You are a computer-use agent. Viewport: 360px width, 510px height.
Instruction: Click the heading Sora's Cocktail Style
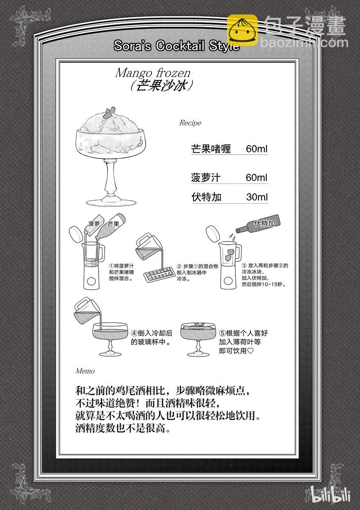(177, 46)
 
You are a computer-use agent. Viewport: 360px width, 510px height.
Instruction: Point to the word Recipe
(190, 123)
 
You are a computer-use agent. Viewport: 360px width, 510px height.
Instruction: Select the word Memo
(85, 371)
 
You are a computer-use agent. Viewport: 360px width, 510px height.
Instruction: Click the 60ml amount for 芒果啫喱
(256, 149)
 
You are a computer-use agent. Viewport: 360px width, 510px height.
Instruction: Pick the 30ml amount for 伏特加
(256, 197)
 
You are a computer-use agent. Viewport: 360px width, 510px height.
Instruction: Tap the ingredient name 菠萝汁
(206, 178)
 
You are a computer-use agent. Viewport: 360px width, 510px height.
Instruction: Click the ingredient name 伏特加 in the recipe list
(206, 197)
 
